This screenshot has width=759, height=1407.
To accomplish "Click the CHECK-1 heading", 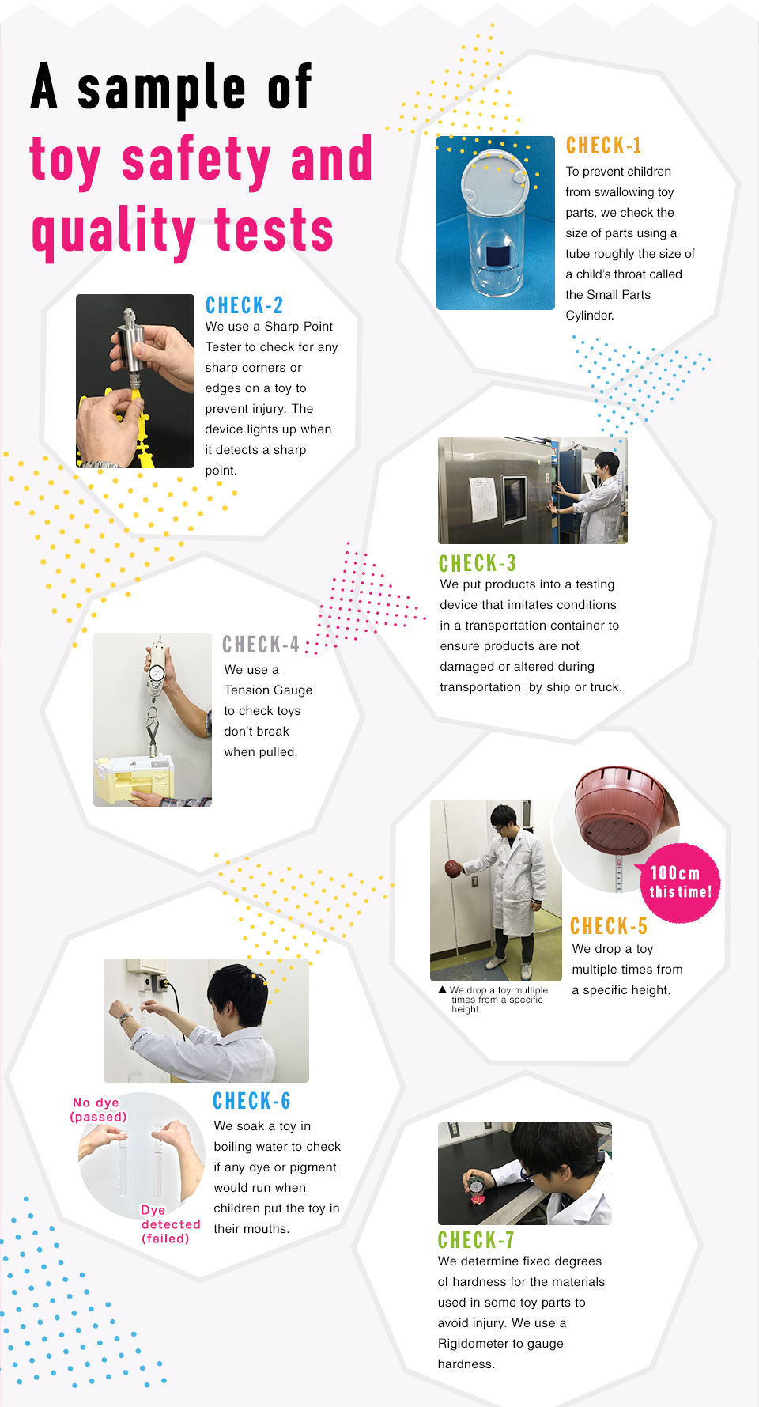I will (603, 146).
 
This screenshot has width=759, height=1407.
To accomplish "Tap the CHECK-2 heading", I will (244, 305).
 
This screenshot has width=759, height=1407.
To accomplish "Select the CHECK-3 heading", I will (477, 563).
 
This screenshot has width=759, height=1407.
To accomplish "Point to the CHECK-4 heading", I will (260, 645).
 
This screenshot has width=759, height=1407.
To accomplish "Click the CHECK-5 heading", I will (608, 926).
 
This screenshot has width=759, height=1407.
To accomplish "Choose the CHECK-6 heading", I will (251, 1101).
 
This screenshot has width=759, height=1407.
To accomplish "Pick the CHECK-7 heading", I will (475, 1239).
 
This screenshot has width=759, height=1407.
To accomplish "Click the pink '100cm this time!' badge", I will (679, 883).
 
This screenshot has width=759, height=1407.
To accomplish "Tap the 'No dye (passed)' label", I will (98, 1110).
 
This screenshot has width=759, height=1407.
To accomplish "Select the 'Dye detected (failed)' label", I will (169, 1224).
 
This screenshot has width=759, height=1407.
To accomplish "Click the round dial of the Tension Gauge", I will (157, 672).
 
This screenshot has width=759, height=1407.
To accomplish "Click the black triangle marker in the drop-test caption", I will (442, 989).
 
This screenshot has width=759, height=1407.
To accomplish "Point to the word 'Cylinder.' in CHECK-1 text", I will (589, 316).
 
